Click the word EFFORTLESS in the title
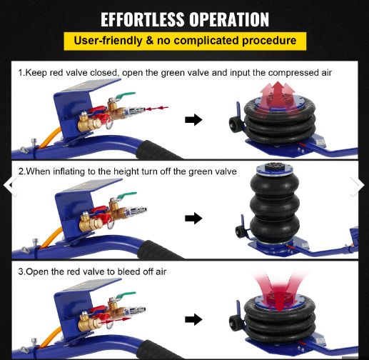(x=143, y=19)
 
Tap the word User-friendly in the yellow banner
(x=108, y=41)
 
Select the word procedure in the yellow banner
(x=269, y=41)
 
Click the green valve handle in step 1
(x=125, y=95)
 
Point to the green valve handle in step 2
(x=126, y=195)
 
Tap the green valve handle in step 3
(x=126, y=295)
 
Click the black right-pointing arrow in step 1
(x=193, y=119)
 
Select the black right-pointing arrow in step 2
(x=193, y=218)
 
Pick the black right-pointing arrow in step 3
(x=193, y=319)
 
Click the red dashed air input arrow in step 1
(x=156, y=109)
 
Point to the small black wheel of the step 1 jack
(x=234, y=124)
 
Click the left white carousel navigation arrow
(x=9, y=186)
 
